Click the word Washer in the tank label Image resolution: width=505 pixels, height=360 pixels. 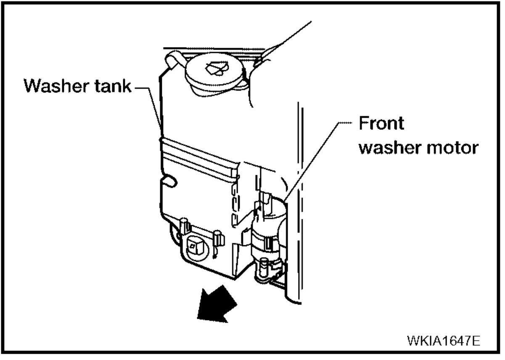[x=53, y=87]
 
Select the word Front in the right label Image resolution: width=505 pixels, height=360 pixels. [x=381, y=124]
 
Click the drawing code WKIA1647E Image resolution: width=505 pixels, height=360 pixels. [x=443, y=340]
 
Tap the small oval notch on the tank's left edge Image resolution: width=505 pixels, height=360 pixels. [x=169, y=181]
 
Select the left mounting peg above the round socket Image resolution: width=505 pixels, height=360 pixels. [x=184, y=225]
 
